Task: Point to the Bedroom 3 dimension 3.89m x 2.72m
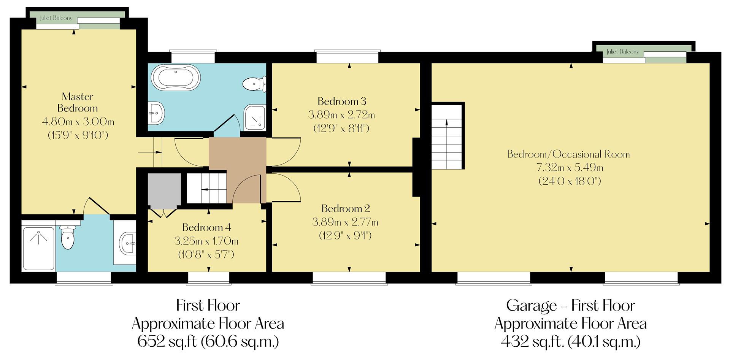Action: [x=341, y=115]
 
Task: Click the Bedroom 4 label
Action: [x=206, y=228]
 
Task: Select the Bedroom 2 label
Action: [x=345, y=209]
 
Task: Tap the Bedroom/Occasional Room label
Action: [x=568, y=154]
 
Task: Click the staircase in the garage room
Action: [x=447, y=137]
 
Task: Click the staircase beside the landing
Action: [x=206, y=189]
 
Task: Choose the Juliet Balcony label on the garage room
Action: [x=622, y=52]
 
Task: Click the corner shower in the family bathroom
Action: [x=255, y=117]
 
